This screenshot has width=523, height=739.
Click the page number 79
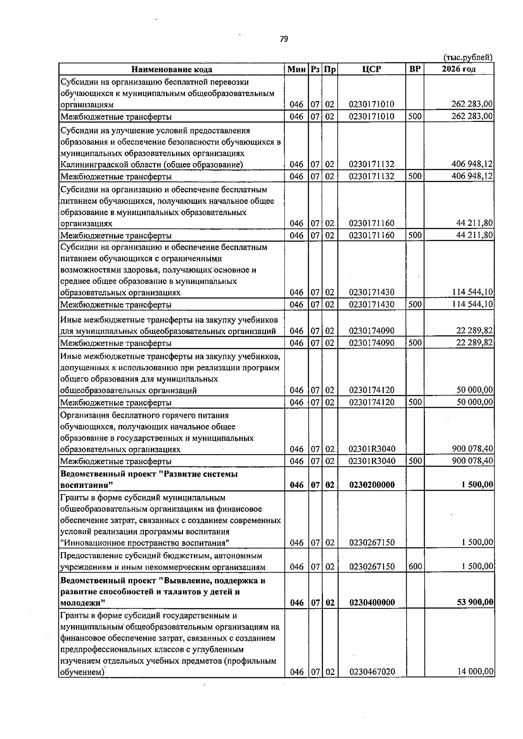click(x=284, y=39)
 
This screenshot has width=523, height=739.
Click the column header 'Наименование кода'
click(x=172, y=69)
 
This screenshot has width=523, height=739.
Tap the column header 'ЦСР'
click(x=371, y=69)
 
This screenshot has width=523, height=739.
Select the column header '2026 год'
click(x=458, y=69)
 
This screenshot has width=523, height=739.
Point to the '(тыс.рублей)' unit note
click(x=468, y=57)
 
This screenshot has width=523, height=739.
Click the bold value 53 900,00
click(x=475, y=602)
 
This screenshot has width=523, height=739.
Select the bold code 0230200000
click(x=372, y=485)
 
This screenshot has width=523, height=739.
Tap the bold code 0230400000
click(x=372, y=603)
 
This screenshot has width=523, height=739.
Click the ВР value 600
click(x=415, y=566)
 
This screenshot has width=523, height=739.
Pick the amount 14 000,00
click(x=475, y=684)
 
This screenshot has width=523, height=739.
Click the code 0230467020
click(x=372, y=684)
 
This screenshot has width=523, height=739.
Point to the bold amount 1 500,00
click(x=478, y=484)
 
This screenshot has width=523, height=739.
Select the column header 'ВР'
click(x=415, y=69)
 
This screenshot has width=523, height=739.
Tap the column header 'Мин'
click(x=296, y=69)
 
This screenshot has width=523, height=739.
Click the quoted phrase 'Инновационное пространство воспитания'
click(x=145, y=543)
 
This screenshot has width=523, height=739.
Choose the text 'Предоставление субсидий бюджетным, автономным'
click(x=161, y=556)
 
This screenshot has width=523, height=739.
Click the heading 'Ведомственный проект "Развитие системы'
click(x=149, y=474)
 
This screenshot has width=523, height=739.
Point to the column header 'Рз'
click(x=315, y=69)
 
